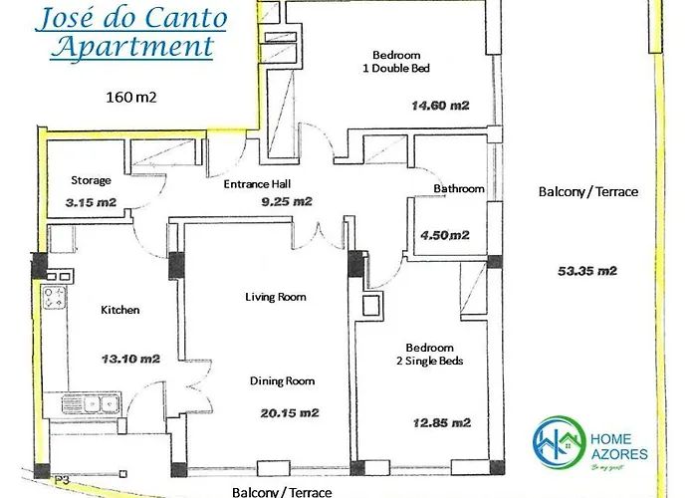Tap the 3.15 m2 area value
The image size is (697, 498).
click(x=90, y=202)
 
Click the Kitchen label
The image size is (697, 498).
click(x=120, y=310)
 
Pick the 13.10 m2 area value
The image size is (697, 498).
click(x=123, y=358)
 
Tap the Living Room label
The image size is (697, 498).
click(x=276, y=297)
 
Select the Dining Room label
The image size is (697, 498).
click(x=282, y=380)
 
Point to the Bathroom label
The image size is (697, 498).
click(x=459, y=188)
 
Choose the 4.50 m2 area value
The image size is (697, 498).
click(x=445, y=236)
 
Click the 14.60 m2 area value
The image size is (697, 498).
click(x=439, y=105)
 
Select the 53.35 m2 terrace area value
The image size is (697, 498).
click(x=588, y=271)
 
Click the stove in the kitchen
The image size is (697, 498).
click(x=54, y=297)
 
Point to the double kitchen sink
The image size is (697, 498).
click(x=90, y=404)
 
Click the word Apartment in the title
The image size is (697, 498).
click(x=134, y=46)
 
